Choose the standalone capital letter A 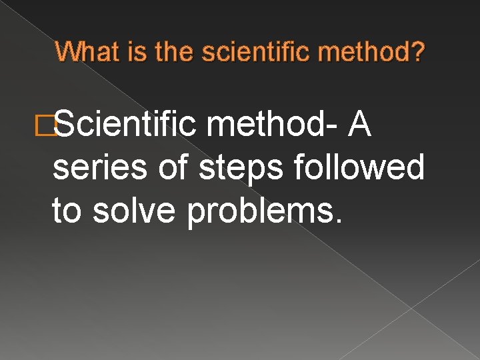click(x=361, y=124)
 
